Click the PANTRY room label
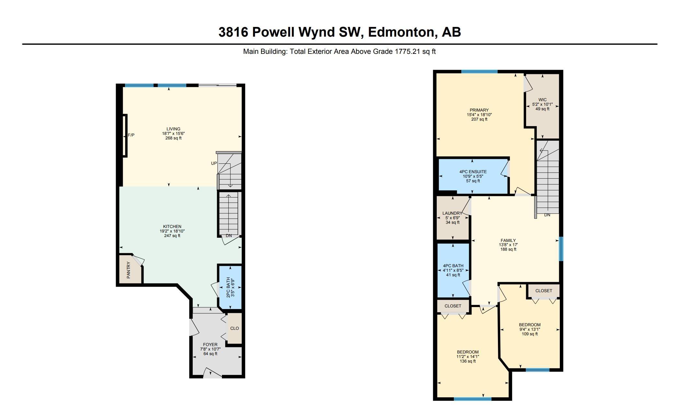click(129, 270)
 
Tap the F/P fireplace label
click(131, 135)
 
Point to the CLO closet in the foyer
click(235, 328)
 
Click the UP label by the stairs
click(214, 163)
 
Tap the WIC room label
click(542, 100)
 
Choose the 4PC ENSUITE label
click(473, 172)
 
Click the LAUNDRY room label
click(452, 213)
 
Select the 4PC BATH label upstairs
click(453, 266)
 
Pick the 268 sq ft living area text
click(173, 138)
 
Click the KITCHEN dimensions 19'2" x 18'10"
click(172, 231)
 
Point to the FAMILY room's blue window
click(561, 249)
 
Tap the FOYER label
click(210, 345)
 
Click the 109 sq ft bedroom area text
click(530, 334)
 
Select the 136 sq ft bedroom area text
click(468, 361)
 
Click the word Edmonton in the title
click(401, 32)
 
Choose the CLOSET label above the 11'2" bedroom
click(453, 306)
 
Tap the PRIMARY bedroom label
click(479, 110)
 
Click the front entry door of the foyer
click(213, 373)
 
